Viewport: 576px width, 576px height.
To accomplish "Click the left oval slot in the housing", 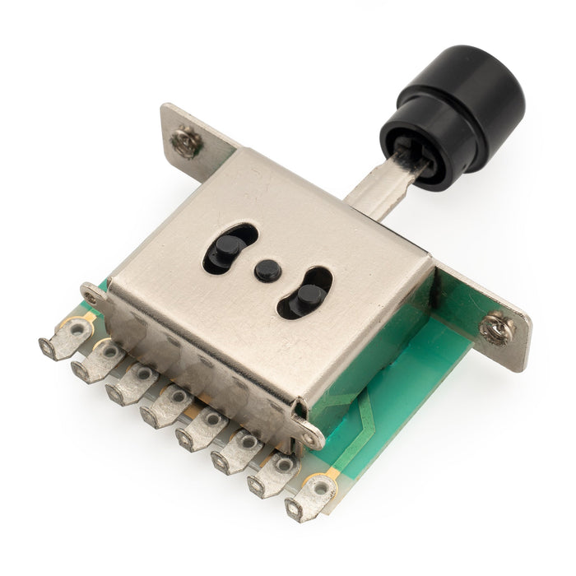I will tap(230, 248).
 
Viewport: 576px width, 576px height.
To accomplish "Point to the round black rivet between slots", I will tap(265, 271).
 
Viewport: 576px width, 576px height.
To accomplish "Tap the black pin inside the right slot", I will tap(309, 296).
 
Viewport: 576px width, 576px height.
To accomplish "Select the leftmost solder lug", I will tap(66, 337).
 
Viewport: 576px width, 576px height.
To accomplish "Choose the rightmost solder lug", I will tap(311, 496).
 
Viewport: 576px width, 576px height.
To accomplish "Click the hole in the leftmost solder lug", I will tap(77, 330).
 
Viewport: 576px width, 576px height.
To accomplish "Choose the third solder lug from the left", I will tap(132, 383).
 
